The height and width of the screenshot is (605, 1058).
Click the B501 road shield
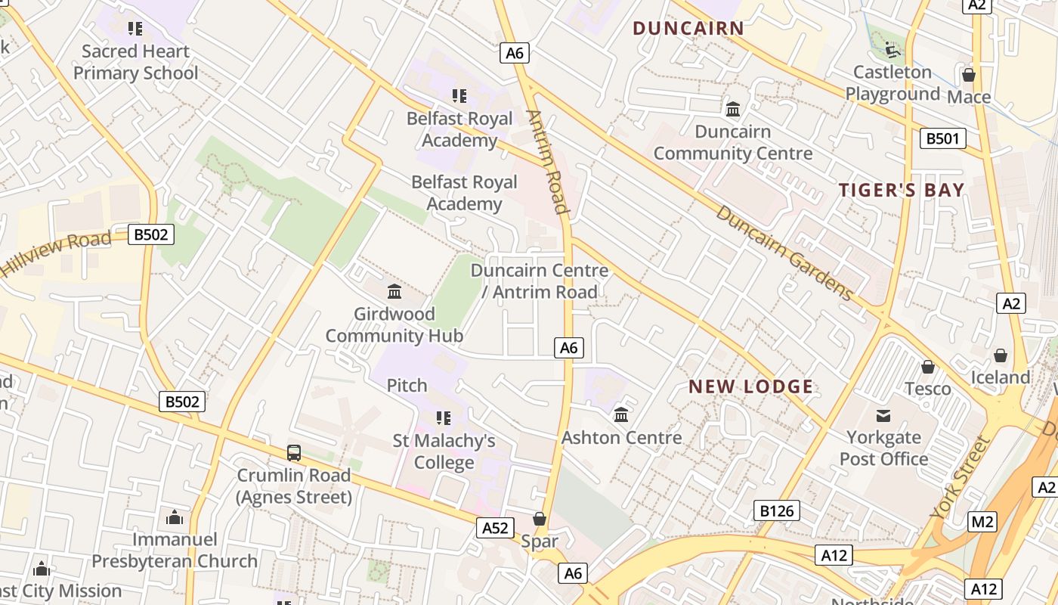coord(942,138)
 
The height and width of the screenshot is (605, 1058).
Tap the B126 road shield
coord(776,511)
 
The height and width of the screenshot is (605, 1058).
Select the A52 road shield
coord(495,528)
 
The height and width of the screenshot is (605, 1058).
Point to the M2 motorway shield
coord(982,521)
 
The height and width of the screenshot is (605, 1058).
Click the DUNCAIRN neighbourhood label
coord(688,29)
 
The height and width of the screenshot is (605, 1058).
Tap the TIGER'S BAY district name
coord(902,190)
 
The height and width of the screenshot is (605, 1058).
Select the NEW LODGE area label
coord(750,387)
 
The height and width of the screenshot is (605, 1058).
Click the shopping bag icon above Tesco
coord(928,367)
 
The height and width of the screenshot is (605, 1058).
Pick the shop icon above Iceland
coord(1000,355)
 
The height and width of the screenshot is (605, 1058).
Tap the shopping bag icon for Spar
coord(540,519)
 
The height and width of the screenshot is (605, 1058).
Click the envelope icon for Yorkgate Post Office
coord(883,415)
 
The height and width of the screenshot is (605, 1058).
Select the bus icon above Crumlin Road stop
coord(294,453)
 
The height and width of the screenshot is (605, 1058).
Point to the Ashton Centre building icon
coord(621,414)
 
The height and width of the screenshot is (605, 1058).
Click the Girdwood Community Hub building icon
coord(394,291)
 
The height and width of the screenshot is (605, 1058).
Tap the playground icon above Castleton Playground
coord(892,50)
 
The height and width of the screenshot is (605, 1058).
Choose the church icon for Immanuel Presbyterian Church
coord(175,517)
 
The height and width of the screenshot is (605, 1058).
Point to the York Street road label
coord(960,477)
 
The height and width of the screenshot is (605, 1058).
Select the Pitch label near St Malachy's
coord(407,386)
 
